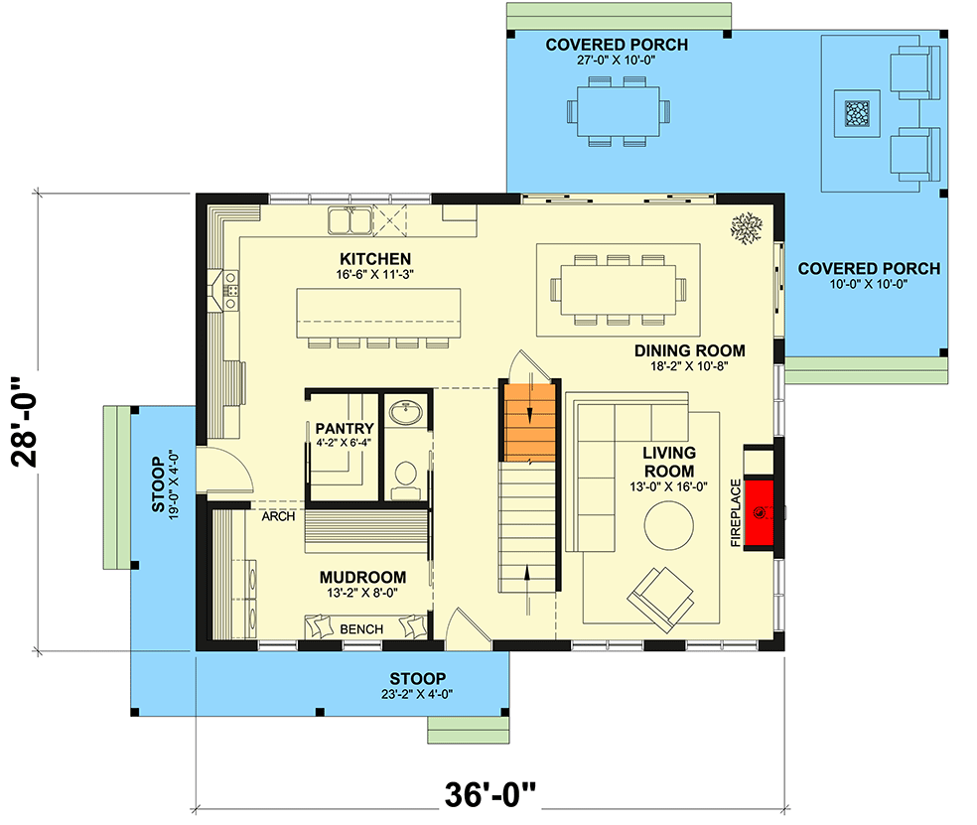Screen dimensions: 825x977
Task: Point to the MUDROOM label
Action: [x=362, y=577]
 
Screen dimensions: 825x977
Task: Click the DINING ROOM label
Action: [x=690, y=350]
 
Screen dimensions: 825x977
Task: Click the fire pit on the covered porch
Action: [x=856, y=113]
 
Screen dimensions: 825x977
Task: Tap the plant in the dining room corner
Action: [x=747, y=227]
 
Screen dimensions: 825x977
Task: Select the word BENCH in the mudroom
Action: [x=361, y=629]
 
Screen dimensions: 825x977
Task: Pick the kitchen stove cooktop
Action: [x=231, y=291]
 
